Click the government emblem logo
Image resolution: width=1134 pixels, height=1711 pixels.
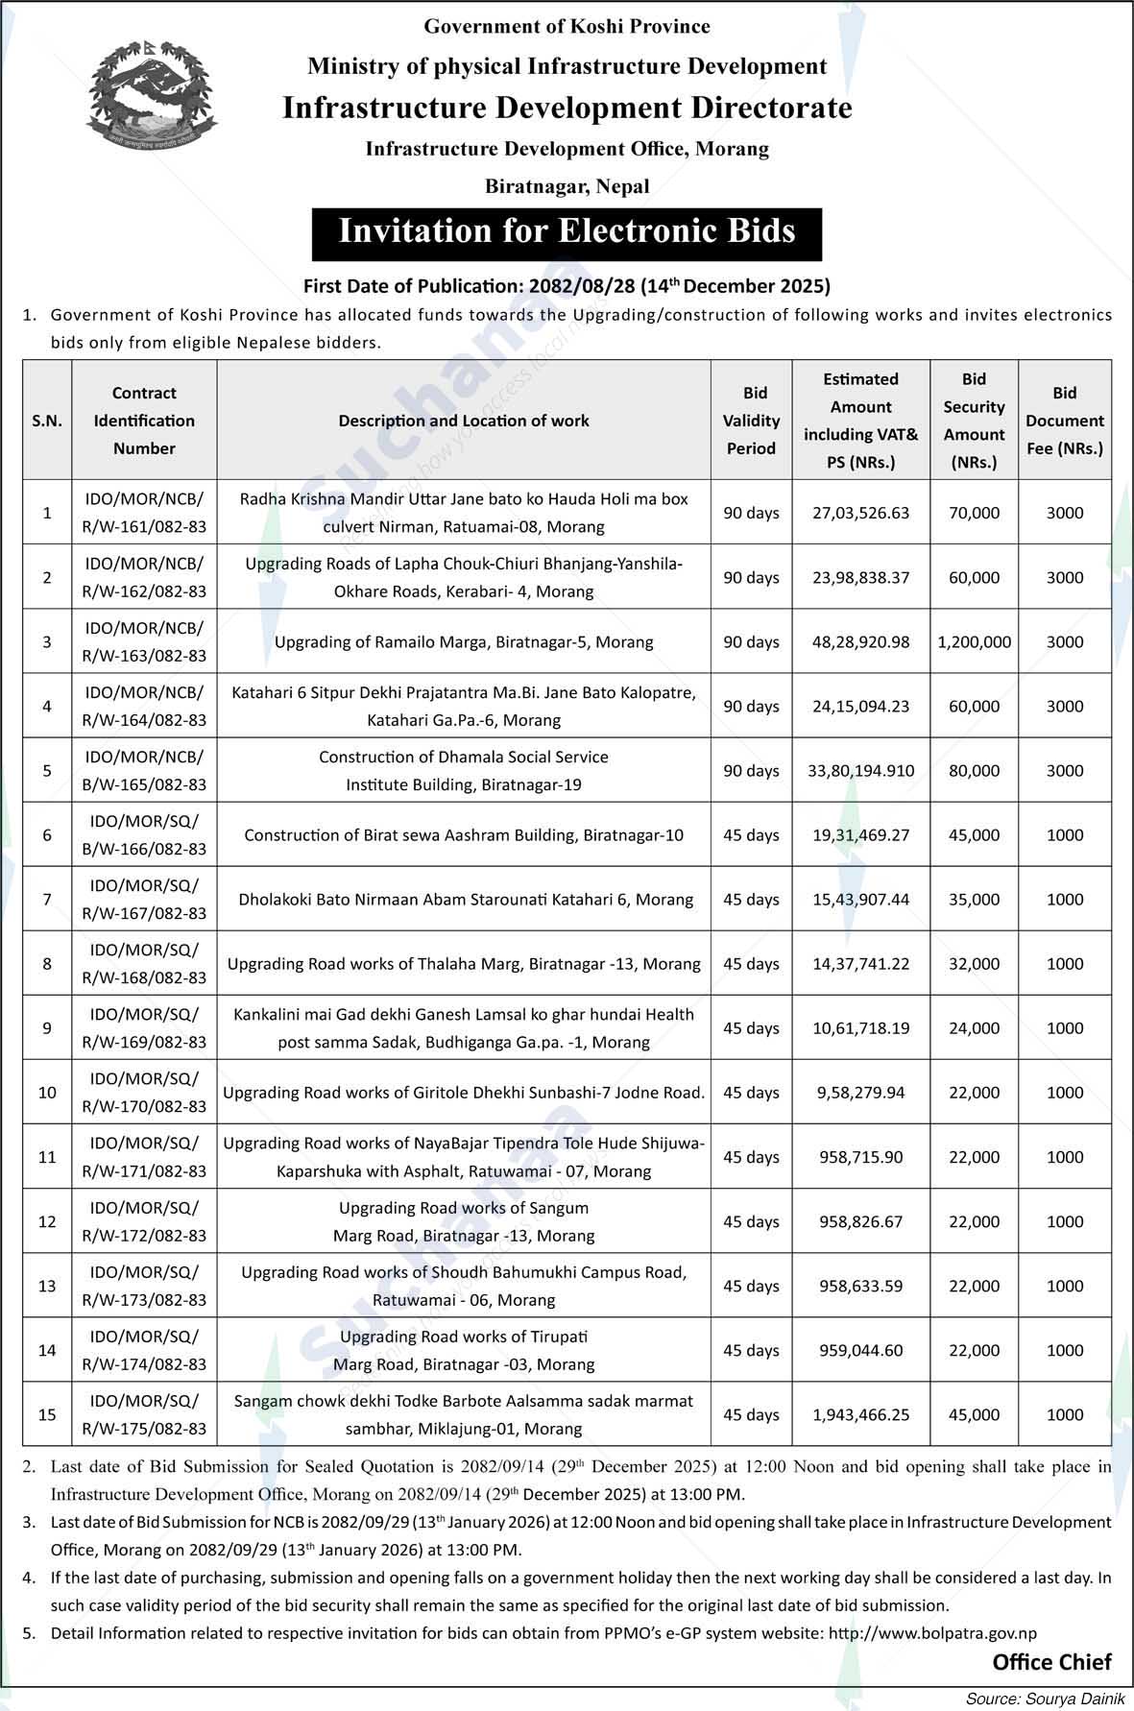tap(152, 95)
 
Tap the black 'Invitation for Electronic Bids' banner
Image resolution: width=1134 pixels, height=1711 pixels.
tap(567, 233)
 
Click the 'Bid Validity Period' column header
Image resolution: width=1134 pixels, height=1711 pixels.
tap(751, 421)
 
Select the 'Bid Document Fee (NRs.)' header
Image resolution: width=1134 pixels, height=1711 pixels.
tap(1064, 421)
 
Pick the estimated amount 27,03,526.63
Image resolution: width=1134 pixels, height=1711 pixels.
tap(860, 513)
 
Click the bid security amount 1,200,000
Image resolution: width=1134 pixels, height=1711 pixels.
tap(974, 641)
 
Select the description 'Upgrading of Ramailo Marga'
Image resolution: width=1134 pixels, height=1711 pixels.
tap(464, 641)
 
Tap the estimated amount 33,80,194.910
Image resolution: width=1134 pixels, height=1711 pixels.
tap(860, 770)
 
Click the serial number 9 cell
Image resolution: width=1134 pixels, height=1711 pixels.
tap(47, 1027)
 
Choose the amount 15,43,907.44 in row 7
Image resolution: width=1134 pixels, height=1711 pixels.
tap(860, 899)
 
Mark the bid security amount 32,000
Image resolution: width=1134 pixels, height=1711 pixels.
tap(974, 963)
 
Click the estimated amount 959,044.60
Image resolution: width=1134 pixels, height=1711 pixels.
tap(860, 1350)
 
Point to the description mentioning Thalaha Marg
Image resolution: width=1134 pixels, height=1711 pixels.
tap(464, 963)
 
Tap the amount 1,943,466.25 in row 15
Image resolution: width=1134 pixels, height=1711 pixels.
tap(860, 1414)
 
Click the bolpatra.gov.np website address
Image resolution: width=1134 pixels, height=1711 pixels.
tap(932, 1633)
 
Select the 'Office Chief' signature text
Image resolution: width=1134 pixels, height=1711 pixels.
tap(1051, 1662)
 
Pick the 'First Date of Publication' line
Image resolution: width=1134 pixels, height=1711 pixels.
tap(567, 285)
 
